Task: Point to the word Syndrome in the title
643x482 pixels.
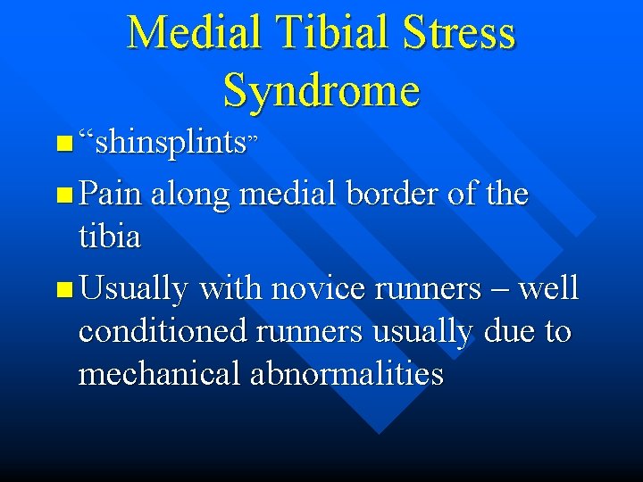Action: (321, 90)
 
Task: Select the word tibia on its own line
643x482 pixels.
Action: (110, 237)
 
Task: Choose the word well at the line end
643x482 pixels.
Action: (548, 289)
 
